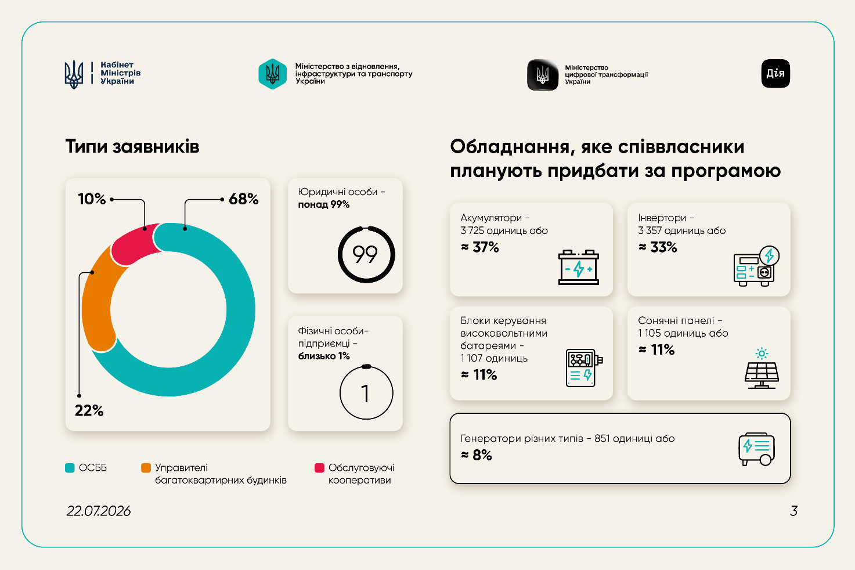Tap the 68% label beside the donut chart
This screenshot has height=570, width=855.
(x=244, y=199)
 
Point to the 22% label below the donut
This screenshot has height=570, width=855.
(x=89, y=410)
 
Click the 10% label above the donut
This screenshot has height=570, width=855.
(x=92, y=199)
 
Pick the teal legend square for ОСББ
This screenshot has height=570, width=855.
(x=70, y=468)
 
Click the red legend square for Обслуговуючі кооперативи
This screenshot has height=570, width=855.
(x=319, y=468)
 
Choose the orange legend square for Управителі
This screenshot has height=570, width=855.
(x=146, y=468)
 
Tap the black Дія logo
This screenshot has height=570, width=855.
(x=775, y=73)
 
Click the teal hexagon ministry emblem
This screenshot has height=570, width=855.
(x=273, y=74)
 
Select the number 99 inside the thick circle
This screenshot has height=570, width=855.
(x=365, y=255)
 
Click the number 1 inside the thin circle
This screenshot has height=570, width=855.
(x=365, y=394)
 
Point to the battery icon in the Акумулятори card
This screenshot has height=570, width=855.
(x=579, y=267)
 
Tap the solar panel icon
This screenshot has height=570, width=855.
(x=762, y=368)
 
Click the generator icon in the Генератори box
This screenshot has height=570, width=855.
(x=757, y=449)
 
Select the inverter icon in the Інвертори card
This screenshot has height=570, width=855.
(x=756, y=266)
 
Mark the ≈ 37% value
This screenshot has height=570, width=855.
(x=480, y=247)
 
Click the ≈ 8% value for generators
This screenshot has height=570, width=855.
(x=477, y=455)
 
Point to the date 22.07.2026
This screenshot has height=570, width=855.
(x=99, y=511)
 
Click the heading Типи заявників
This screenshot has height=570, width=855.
(x=132, y=147)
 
